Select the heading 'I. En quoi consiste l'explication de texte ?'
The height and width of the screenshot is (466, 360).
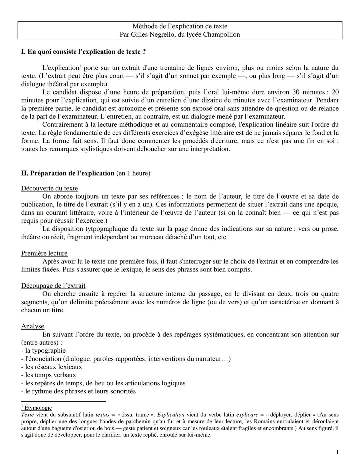(83, 52)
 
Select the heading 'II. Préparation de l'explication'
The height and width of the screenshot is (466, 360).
(68, 173)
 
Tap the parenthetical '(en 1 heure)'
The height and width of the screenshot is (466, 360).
(133, 173)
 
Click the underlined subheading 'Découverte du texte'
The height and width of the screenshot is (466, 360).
(49, 188)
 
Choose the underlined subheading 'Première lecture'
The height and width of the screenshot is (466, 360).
(44, 253)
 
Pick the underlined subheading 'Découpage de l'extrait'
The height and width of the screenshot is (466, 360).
(53, 286)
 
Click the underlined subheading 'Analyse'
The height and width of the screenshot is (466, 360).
(32, 326)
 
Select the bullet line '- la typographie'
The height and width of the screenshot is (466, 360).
(43, 351)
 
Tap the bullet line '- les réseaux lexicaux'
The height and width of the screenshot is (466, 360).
(51, 367)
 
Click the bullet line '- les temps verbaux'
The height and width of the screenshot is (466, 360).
(48, 375)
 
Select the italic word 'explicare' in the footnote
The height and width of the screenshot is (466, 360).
(247, 415)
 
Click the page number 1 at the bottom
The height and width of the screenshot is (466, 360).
(337, 452)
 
